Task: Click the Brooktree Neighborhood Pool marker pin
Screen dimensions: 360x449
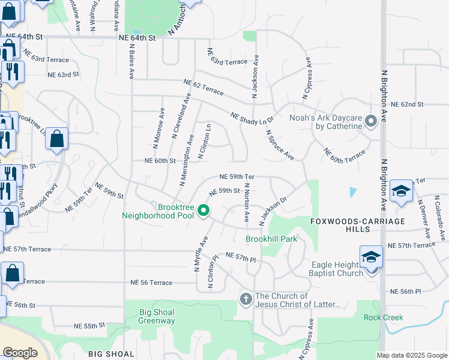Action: tap(203, 211)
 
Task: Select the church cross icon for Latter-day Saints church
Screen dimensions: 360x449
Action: tap(245, 299)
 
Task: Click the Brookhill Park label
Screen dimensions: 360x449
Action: tap(271, 239)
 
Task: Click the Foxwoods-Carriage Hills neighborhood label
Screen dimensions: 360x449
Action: tap(358, 225)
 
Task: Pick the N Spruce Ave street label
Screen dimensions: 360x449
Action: tap(280, 146)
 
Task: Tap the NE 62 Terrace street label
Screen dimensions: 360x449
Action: tap(203, 88)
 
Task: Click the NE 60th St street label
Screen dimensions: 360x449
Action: tap(160, 161)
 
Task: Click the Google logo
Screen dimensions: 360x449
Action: tap(20, 353)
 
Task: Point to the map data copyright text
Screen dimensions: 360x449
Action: tap(412, 355)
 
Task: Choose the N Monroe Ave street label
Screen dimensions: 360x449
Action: tap(158, 128)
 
